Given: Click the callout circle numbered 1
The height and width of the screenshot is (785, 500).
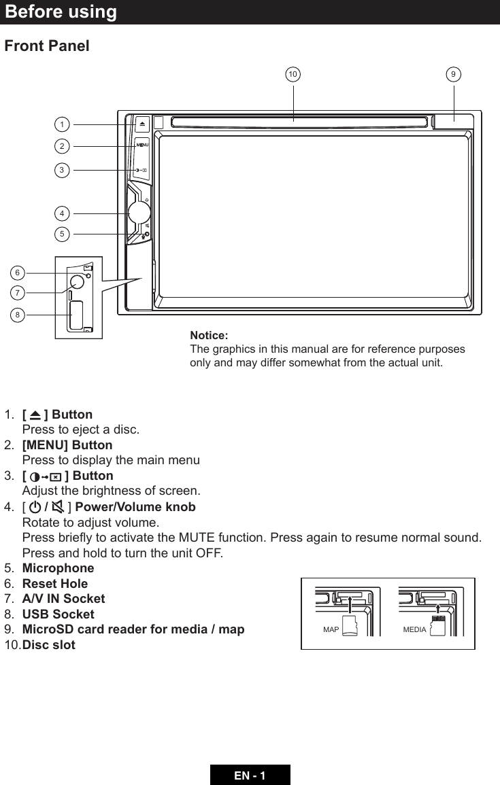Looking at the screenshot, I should [62, 124].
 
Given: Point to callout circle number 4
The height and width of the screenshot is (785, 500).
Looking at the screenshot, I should [62, 213].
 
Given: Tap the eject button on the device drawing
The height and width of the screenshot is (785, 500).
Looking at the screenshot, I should [141, 124].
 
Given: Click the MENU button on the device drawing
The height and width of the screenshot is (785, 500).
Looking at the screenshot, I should [141, 145].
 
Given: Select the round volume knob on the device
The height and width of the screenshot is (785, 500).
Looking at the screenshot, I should [138, 213].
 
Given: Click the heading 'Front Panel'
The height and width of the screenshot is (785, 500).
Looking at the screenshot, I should [47, 46].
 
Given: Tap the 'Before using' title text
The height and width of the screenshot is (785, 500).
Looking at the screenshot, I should [61, 12].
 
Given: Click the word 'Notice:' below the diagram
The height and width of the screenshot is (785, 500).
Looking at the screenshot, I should [209, 336].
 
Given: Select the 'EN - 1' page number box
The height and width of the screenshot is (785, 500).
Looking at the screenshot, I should [250, 775].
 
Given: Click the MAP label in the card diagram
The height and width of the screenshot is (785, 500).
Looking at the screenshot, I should [331, 630].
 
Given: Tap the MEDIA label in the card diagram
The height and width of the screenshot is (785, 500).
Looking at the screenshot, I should [414, 630].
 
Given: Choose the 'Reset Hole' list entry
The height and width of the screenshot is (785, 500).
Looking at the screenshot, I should [55, 583].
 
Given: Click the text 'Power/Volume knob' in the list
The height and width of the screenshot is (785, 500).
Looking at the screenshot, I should [135, 507].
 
